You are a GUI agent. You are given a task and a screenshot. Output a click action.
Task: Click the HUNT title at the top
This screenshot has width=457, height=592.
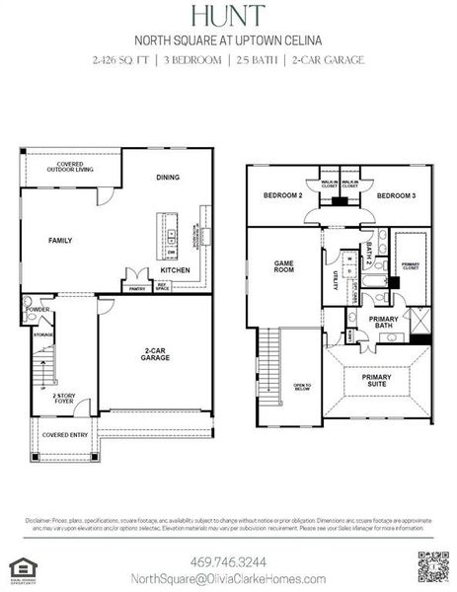click(x=228, y=17)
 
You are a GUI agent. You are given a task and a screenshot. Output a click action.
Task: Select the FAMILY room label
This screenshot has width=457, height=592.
click(x=61, y=241)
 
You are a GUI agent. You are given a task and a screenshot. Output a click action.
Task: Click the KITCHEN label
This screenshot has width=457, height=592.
click(x=176, y=269)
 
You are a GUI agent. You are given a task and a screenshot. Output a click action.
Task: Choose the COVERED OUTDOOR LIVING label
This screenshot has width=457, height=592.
click(x=71, y=168)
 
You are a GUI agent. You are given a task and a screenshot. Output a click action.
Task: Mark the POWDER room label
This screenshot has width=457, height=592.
click(x=38, y=309)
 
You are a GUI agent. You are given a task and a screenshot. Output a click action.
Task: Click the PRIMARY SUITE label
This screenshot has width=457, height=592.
click(x=377, y=380)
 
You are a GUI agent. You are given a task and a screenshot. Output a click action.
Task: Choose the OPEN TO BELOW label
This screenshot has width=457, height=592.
click(x=302, y=387)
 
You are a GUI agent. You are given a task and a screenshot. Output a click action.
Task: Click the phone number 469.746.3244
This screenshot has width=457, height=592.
click(x=228, y=557)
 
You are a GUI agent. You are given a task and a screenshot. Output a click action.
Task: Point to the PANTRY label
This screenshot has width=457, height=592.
click(x=135, y=288)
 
